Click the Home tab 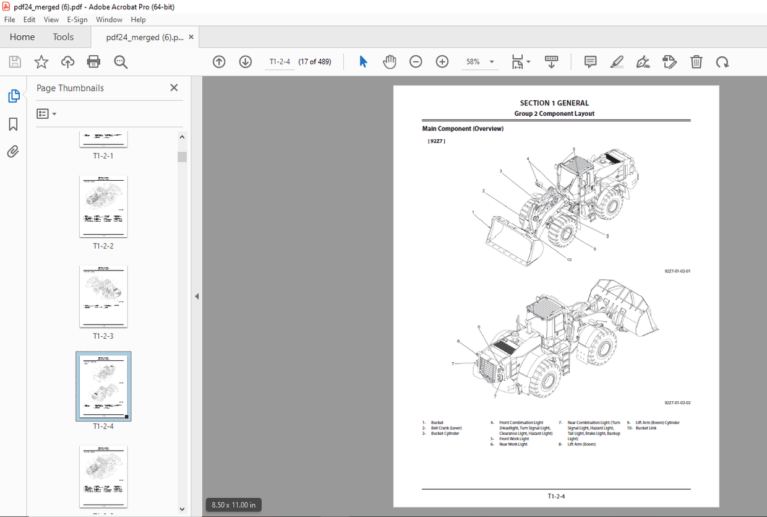pos(22,37)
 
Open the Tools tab pos(63,37)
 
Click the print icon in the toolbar pos(93,61)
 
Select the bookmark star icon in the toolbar pos(41,61)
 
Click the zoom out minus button pos(416,61)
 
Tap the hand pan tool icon pos(389,61)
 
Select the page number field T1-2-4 pos(280,62)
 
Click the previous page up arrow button pos(219,61)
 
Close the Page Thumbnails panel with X pos(174,88)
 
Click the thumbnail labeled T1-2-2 pos(103,206)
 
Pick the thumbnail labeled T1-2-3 pos(103,297)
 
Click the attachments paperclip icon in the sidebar pos(13,152)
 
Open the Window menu pos(109,20)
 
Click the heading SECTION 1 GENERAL pos(554,103)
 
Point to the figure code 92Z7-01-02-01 pos(677,271)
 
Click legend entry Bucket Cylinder pos(445,433)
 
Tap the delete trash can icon pos(696,61)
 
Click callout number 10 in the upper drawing pos(568,259)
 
